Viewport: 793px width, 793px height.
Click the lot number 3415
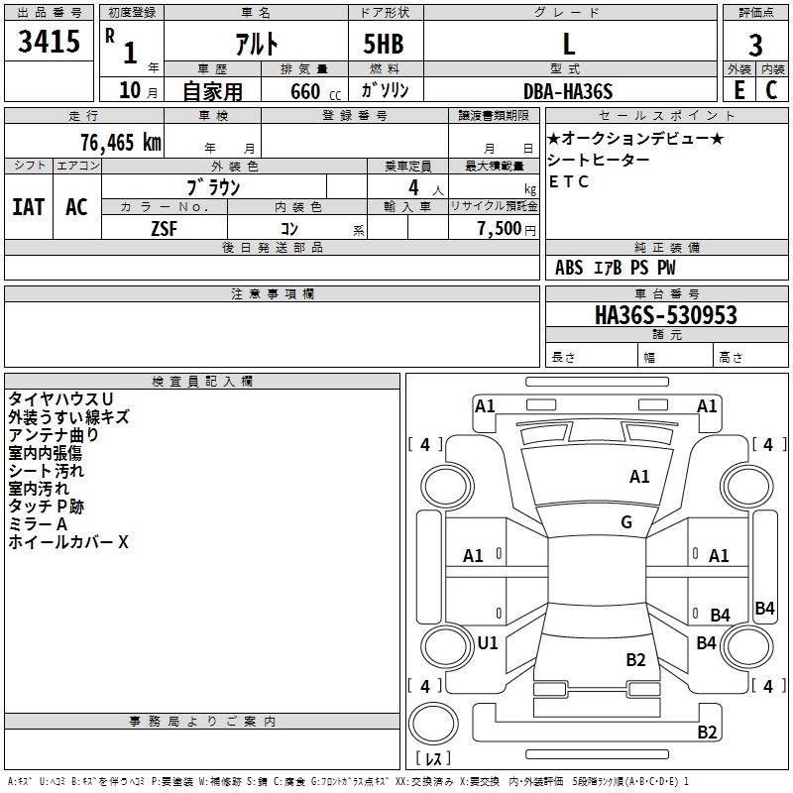pyautogui.click(x=50, y=43)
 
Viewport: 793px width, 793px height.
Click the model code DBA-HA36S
pyautogui.click(x=568, y=91)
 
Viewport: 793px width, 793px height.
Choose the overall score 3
pyautogui.click(x=755, y=45)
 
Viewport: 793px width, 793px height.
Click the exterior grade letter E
pyautogui.click(x=739, y=90)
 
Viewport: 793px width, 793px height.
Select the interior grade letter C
pyautogui.click(x=771, y=90)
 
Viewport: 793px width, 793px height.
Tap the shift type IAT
pyautogui.click(x=28, y=207)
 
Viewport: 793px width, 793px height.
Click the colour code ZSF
pyautogui.click(x=164, y=229)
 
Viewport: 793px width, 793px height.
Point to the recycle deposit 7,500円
pyautogui.click(x=506, y=229)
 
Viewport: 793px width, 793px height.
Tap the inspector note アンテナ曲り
pyautogui.click(x=54, y=435)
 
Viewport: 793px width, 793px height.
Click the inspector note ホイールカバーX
pyautogui.click(x=68, y=542)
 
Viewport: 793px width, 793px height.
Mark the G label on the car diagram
pyautogui.click(x=626, y=522)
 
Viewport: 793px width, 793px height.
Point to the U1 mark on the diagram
pyautogui.click(x=488, y=642)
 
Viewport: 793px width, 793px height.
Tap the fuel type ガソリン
pyautogui.click(x=386, y=90)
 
